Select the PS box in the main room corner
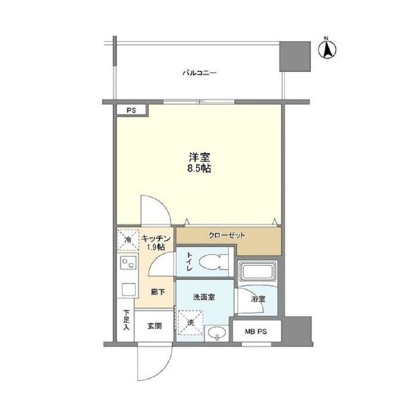point(131,111)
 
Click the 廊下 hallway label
point(158,293)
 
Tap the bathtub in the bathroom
point(258,272)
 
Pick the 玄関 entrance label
point(153,326)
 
